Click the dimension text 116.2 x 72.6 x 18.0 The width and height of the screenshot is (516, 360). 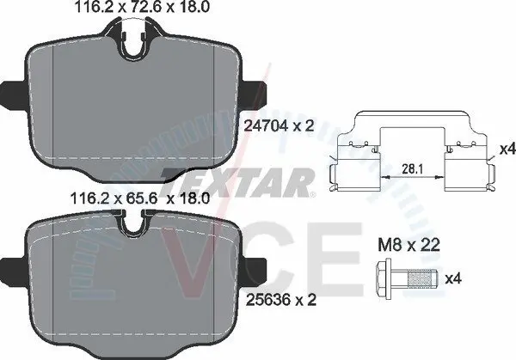pos(142,7)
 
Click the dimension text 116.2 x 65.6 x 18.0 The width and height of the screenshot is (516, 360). pos(140,198)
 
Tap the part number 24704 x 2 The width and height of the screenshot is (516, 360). pos(279,125)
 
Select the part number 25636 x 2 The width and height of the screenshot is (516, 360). pos(281,300)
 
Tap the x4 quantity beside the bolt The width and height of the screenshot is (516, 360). pos(453,279)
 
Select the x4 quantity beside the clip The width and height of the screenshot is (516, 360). pos(507,149)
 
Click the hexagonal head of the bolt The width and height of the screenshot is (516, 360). pos(384,279)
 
